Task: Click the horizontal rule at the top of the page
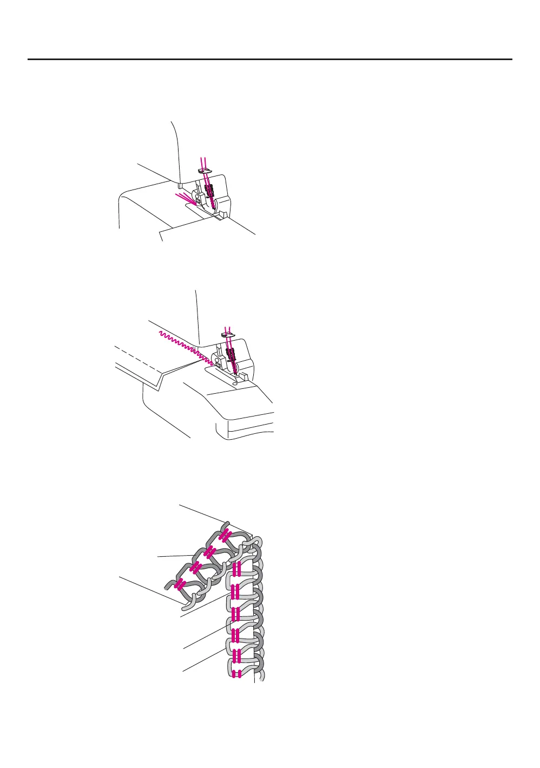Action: click(x=269, y=59)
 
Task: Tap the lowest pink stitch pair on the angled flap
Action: click(x=179, y=584)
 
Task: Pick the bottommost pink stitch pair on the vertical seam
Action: click(x=236, y=674)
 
